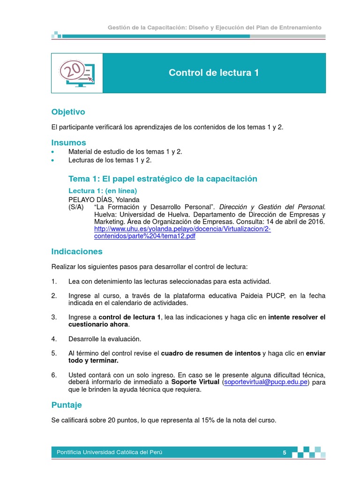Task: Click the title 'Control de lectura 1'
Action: pyautogui.click(x=214, y=73)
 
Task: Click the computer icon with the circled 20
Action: pyautogui.click(x=76, y=73)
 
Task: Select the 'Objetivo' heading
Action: pyautogui.click(x=68, y=112)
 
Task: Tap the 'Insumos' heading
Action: pyautogui.click(x=68, y=142)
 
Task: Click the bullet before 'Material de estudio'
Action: pyautogui.click(x=53, y=152)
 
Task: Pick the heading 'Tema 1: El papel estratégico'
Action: pyautogui.click(x=163, y=179)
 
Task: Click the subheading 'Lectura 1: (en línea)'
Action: pyautogui.click(x=103, y=191)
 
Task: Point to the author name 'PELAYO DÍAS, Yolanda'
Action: pyautogui.click(x=104, y=199)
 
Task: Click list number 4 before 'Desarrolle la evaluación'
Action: pyautogui.click(x=54, y=339)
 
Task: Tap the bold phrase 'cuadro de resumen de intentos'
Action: pyautogui.click(x=210, y=353)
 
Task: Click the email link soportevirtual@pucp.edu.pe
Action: pyautogui.click(x=266, y=382)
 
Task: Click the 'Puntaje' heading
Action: pyautogui.click(x=66, y=405)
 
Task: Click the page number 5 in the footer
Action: pyautogui.click(x=284, y=452)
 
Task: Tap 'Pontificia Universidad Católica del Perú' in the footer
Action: pyautogui.click(x=110, y=452)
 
